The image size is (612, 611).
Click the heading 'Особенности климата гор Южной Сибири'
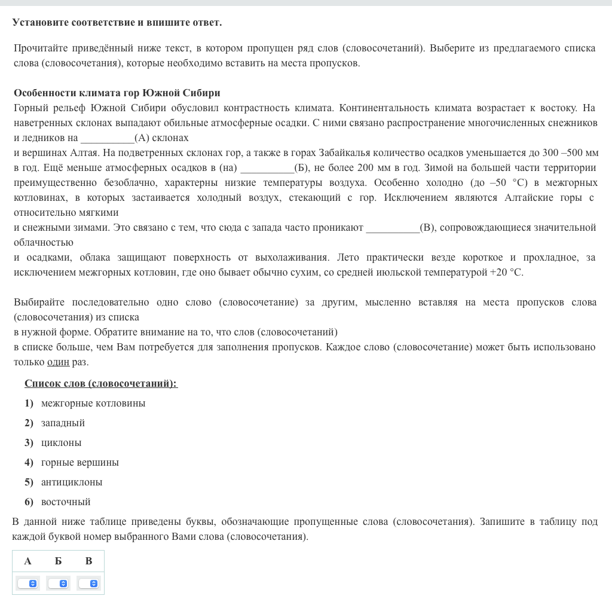point(117,93)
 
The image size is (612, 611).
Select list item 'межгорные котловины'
point(93,403)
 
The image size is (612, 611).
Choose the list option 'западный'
point(63,423)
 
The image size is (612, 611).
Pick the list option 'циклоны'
point(61,442)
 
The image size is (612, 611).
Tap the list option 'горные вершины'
point(79,462)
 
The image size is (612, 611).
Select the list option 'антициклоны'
point(72,482)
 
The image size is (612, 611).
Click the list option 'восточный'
point(66,502)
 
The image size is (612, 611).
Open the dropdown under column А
point(27,583)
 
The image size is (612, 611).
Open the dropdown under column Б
point(58,583)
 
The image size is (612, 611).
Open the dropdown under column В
point(88,583)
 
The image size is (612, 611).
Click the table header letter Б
point(58,561)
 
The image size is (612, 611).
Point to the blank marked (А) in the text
point(108,138)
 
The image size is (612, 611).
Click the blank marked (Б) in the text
point(267,167)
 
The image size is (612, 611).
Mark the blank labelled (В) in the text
point(393,227)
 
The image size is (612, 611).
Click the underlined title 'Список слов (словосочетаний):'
point(101,383)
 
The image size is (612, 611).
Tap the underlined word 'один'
point(58,362)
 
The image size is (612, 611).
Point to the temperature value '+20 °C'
point(506,272)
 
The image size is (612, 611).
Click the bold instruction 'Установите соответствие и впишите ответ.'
point(117,22)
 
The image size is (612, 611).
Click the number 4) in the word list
point(29,462)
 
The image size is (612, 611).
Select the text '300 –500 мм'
point(570,152)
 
